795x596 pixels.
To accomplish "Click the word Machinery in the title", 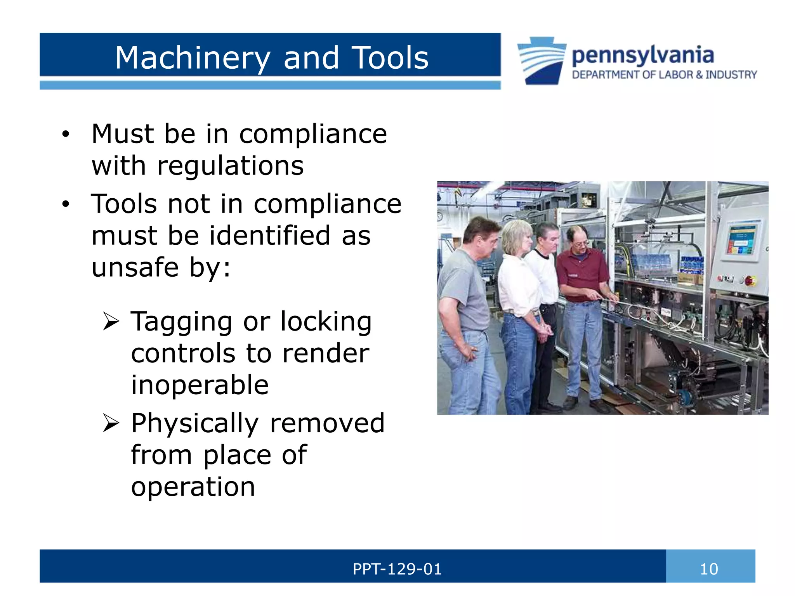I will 193,58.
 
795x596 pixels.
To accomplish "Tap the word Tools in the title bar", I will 390,58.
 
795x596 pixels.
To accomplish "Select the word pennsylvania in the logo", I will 643,55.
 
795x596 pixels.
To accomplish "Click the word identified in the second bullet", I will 270,236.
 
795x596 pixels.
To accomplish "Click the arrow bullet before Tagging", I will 111,322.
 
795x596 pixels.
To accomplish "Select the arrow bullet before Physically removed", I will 111,423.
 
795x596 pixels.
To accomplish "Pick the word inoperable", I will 200,385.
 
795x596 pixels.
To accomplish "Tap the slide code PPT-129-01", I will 397,569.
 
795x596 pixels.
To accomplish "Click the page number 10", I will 709,569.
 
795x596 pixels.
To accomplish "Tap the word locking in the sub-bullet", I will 326,322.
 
